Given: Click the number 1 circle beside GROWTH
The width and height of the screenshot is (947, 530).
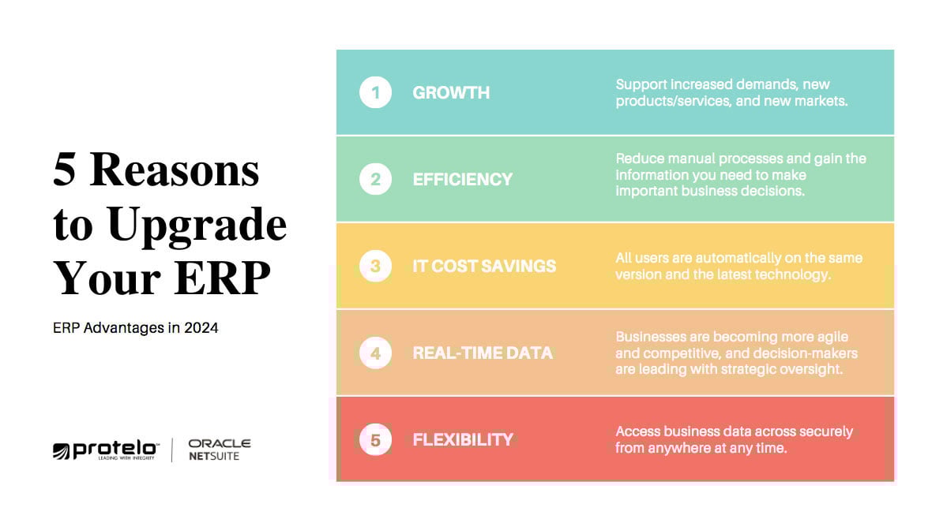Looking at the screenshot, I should pyautogui.click(x=375, y=92).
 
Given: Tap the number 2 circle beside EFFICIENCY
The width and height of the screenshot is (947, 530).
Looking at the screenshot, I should pyautogui.click(x=375, y=179).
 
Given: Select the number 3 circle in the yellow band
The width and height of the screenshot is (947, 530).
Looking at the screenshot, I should pyautogui.click(x=375, y=266).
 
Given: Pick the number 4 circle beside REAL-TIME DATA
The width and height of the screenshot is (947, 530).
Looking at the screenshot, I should pyautogui.click(x=375, y=353).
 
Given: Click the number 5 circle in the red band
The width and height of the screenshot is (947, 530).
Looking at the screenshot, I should pyautogui.click(x=375, y=439).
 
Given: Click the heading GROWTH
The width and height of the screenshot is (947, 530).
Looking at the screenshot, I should pyautogui.click(x=451, y=92).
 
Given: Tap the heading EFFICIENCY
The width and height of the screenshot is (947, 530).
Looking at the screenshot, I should pyautogui.click(x=462, y=179).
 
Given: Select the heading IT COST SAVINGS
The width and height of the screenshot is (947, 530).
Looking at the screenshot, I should pyautogui.click(x=484, y=266).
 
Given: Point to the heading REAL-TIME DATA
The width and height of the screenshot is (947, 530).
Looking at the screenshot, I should pyautogui.click(x=483, y=353).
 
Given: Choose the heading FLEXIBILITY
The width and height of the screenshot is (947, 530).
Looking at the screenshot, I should pyautogui.click(x=463, y=439).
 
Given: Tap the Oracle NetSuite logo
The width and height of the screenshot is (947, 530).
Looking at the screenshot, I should pyautogui.click(x=219, y=450).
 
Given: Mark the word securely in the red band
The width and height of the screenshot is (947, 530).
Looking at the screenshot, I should pyautogui.click(x=821, y=431).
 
